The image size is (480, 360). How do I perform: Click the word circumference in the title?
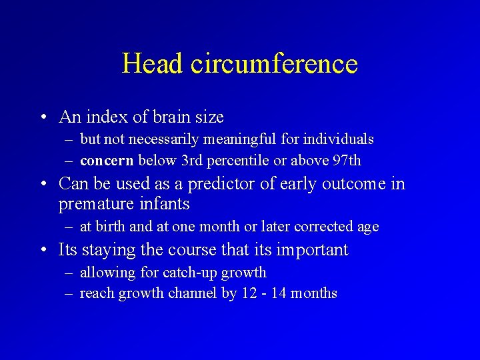274,64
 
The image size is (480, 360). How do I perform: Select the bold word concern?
107,160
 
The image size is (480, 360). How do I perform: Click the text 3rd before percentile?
194,160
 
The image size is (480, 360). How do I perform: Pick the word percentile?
243,160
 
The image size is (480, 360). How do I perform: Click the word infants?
167,203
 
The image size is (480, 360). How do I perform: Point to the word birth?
111,227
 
